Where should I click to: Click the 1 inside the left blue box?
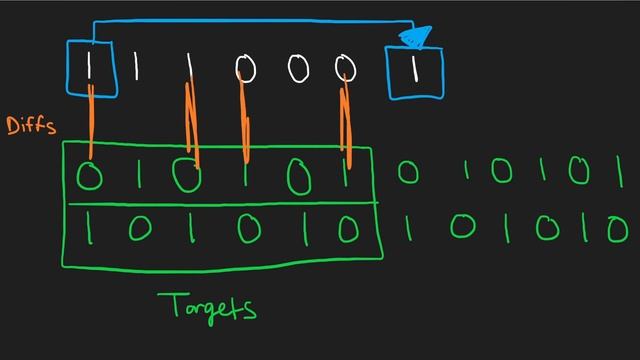91,68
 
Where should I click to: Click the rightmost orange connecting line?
347,125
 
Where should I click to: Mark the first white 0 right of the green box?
407,173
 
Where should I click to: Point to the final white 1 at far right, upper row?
620,170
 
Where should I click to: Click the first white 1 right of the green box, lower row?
407,232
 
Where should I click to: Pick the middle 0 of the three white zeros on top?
295,70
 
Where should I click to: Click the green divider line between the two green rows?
220,204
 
